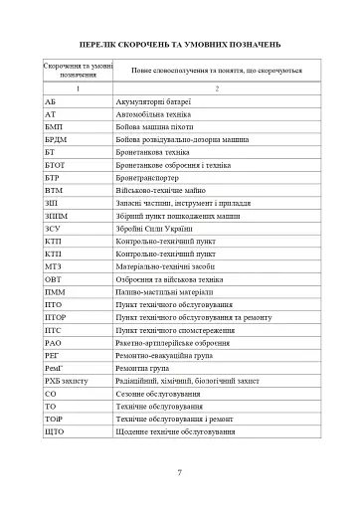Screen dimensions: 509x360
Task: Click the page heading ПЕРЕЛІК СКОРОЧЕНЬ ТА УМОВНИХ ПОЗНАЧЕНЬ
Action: tap(179, 45)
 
